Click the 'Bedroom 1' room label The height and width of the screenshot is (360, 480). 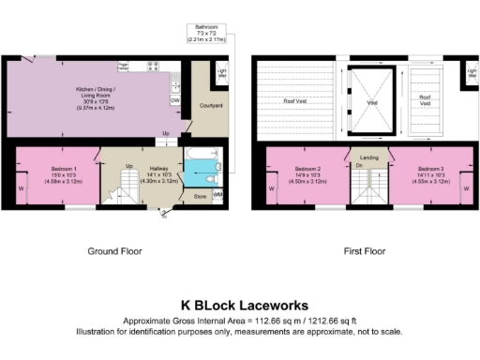tap(56, 170)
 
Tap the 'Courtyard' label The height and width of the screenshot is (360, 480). tap(212, 106)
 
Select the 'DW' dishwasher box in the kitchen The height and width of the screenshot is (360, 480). tap(175, 100)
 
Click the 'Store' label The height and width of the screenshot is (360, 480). tap(200, 197)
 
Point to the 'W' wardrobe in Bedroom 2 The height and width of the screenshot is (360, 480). tap(272, 187)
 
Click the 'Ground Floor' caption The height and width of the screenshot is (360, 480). tap(114, 252)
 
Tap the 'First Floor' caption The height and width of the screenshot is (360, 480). tap(365, 252)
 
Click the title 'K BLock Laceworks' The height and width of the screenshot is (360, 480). tap(239, 305)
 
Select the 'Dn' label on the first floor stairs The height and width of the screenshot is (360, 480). tap(359, 166)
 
